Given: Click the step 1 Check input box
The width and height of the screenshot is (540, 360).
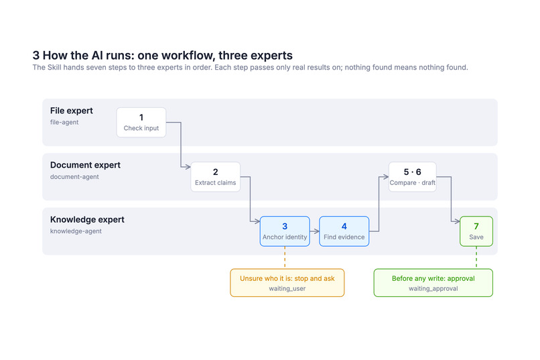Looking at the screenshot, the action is pos(141,122).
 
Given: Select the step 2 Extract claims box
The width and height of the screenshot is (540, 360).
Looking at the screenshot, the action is pos(216,177).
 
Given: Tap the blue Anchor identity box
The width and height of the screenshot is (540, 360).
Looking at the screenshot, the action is pos(285,231).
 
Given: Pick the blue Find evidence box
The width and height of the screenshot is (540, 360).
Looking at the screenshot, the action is pos(344,231).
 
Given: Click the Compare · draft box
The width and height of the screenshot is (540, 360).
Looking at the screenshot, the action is pos(413,177).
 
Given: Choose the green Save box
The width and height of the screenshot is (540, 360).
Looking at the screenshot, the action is pos(476,231).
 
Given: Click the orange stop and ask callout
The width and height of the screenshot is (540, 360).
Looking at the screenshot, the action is pos(287,283).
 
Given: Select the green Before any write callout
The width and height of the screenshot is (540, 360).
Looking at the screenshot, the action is pos(433,283).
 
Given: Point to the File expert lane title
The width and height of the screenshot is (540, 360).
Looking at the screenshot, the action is pos(72,111).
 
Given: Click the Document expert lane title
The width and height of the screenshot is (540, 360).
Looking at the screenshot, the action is pos(85,165).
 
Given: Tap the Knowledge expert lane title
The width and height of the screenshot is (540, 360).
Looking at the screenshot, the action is pos(87,219).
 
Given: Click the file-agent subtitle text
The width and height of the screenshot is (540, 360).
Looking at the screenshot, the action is pos(64,122).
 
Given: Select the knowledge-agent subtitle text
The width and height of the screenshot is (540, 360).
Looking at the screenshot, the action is pos(76,231).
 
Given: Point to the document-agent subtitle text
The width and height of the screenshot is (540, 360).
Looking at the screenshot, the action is pos(74,177).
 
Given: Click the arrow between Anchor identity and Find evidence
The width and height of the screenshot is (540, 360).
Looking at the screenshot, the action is pos(315,231).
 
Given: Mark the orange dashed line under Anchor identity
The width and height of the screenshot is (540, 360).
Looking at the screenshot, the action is pos(285,257).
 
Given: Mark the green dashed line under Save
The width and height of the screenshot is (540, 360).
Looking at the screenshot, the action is pos(476,257).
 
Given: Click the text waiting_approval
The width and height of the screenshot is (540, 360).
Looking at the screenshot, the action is pos(433,289).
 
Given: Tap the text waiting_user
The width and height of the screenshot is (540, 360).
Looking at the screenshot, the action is pos(287,289).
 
